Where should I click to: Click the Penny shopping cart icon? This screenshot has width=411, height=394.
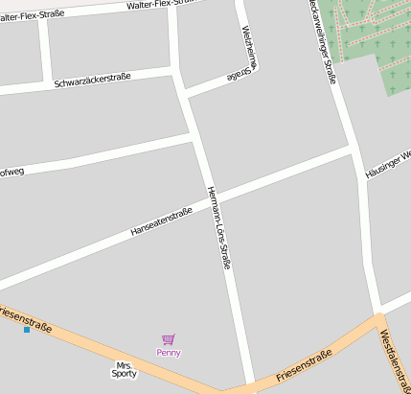coord(169,339)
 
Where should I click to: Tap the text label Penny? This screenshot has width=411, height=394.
coord(169,352)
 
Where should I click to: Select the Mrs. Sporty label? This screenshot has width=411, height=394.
coord(125,369)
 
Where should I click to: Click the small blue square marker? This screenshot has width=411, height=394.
coord(27,330)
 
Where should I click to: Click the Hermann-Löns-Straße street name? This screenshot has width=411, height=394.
coord(219,227)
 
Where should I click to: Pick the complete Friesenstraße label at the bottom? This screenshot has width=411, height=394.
coord(304,366)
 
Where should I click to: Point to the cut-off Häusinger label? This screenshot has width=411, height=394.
coord(388,164)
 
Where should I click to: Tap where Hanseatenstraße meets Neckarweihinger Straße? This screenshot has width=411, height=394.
coord(352,149)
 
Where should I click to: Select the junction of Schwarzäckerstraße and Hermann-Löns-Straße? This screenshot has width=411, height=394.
coord(175,71)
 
